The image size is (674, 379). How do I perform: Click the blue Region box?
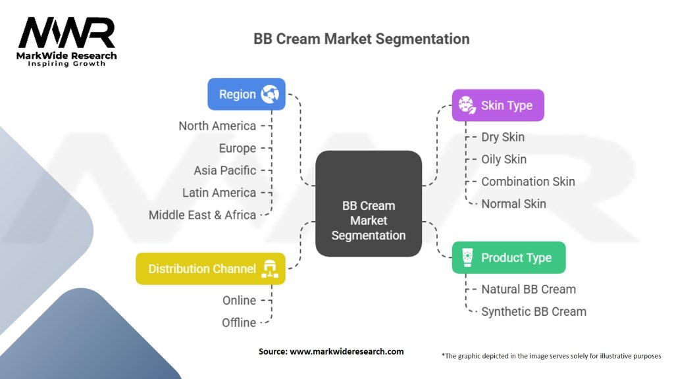[246, 94]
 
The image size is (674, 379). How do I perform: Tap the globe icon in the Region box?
[270, 94]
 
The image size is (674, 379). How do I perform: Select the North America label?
[217, 126]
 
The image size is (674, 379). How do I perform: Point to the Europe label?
[238, 148]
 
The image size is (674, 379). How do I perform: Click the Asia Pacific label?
[225, 170]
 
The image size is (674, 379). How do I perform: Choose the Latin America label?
[219, 193]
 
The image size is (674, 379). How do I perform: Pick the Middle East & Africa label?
[202, 215]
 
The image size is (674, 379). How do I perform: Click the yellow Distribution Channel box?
[210, 268]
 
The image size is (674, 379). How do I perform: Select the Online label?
[239, 300]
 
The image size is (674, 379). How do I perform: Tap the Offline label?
[239, 322]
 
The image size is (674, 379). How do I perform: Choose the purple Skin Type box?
[498, 105]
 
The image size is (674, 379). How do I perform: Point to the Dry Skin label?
[503, 137]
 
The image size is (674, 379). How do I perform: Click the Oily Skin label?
[504, 159]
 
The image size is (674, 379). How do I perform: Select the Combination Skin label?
[528, 182]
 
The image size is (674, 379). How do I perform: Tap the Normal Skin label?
[513, 204]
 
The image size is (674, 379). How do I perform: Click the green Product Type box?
[508, 257]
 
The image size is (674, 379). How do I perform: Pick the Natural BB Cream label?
[529, 289]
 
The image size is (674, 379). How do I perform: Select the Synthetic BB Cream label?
[534, 311]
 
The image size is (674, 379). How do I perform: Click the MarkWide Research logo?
[66, 41]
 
